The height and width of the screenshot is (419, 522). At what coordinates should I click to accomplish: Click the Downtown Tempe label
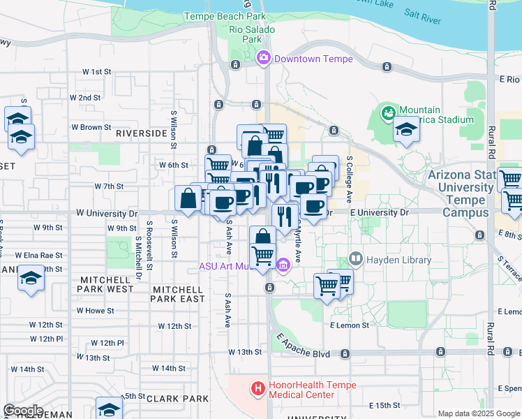coord(313,59)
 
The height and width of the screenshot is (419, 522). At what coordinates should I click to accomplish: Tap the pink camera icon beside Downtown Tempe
coord(264,59)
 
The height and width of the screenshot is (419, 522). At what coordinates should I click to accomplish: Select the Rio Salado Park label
coord(252,35)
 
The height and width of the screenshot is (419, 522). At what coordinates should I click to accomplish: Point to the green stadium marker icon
coord(387,111)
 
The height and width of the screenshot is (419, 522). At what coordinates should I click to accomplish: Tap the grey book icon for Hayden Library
coord(356,260)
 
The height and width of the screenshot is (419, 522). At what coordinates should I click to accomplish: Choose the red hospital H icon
coord(258,388)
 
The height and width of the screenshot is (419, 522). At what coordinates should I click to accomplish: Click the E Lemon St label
coord(348,325)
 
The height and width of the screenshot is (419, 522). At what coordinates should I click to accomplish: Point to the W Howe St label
coord(94,310)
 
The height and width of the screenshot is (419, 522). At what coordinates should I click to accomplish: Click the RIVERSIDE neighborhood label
coord(142,133)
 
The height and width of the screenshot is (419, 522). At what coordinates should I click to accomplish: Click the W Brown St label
coord(91,128)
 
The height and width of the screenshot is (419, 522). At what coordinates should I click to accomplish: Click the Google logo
coord(23,411)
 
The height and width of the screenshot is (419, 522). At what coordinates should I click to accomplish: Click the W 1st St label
coord(97,72)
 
